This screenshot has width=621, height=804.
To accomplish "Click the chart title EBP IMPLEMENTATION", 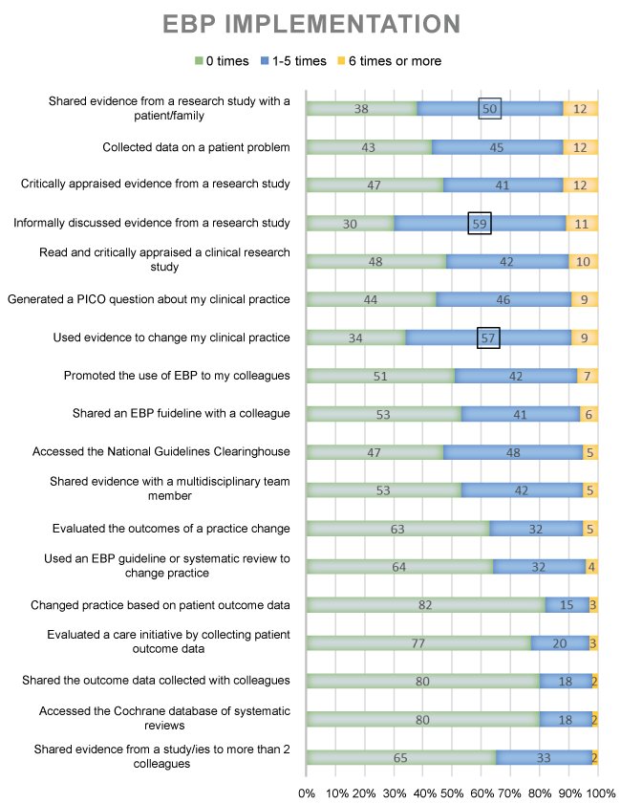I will tap(310, 23).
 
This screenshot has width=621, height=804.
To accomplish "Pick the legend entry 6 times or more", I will tap(394, 61).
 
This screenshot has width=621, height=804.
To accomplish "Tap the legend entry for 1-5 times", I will tap(292, 61).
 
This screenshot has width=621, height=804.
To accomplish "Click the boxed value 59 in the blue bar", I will tap(480, 223).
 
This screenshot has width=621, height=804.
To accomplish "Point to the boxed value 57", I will tap(488, 337).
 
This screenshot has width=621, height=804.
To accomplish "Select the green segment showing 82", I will tap(426, 604).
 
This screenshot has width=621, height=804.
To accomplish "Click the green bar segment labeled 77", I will tap(418, 642).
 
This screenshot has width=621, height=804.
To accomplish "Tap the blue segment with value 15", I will tap(567, 604).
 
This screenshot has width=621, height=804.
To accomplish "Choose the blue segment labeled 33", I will tap(543, 757).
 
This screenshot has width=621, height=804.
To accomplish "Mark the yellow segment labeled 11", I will tap(582, 223).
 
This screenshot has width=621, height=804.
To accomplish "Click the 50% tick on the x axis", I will tap(453, 793).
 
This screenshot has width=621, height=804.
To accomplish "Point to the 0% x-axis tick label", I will tap(307, 793).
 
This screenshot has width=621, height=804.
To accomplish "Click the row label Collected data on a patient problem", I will tap(196, 147).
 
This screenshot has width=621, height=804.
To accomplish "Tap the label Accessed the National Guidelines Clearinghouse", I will tap(161, 452).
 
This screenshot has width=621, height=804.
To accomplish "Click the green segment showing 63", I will tap(398, 528).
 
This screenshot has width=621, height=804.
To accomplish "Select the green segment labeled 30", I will tap(350, 223).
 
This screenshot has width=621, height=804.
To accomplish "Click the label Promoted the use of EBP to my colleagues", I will tap(177, 376).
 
